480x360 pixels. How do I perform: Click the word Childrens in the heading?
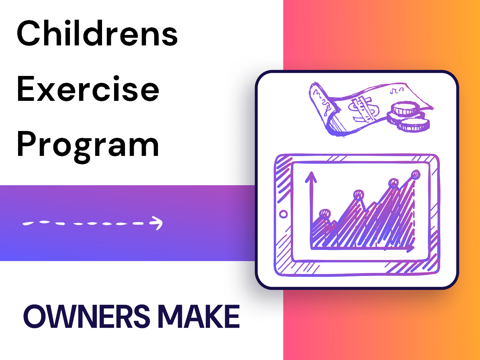[x=97, y=34]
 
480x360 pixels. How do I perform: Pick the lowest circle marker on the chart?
[x=324, y=213]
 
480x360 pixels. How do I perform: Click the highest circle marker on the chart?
[x=416, y=174]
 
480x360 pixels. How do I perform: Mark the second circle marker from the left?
[x=358, y=195]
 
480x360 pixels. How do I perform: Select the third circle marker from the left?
[x=393, y=183]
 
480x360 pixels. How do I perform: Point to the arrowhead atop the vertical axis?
[x=310, y=176]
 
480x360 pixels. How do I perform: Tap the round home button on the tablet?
[x=283, y=214]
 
